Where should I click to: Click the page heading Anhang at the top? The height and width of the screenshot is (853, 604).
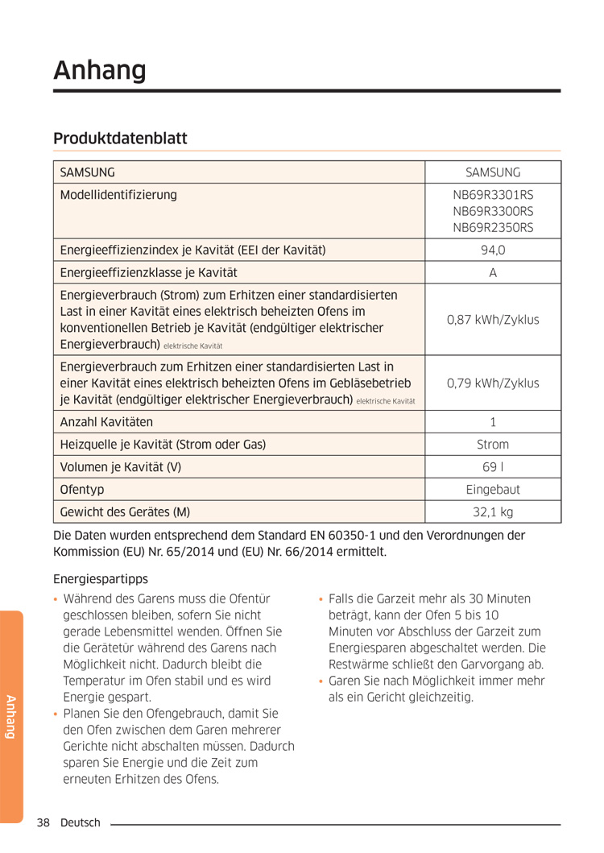coord(100,71)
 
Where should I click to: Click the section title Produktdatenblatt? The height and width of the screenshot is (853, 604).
coord(120,139)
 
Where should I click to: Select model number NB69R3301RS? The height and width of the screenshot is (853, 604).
coord(493,195)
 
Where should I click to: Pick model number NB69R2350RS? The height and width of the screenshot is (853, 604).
coord(493,228)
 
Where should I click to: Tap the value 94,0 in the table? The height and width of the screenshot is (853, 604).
coord(493,251)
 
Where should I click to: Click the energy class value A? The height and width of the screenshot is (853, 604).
coord(493,273)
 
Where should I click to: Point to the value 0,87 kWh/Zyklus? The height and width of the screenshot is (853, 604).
coord(493,320)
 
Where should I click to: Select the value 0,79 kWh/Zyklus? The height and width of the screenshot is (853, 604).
coord(493,383)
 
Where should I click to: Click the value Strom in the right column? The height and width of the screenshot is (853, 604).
coord(493,444)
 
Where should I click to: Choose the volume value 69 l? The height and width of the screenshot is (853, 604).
coord(493,466)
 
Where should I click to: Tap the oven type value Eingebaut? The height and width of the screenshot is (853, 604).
coord(493,489)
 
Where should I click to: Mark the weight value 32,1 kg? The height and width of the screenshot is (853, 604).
coord(493,511)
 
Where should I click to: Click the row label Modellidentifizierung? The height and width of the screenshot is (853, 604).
coord(118,195)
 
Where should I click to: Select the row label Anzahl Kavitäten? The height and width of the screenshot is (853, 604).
coord(106,421)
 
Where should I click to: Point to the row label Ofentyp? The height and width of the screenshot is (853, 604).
coord(82,489)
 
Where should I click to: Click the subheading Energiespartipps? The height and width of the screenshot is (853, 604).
coord(101,578)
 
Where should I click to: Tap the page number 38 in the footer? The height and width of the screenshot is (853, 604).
coord(43,822)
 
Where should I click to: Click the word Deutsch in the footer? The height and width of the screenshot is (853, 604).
coord(81,822)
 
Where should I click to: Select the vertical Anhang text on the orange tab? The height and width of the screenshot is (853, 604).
coord(11,716)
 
